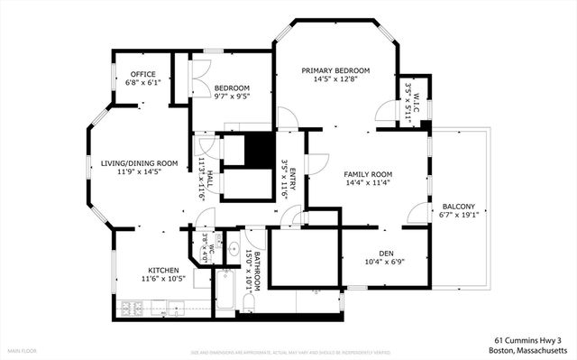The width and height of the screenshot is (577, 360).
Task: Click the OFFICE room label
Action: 143,74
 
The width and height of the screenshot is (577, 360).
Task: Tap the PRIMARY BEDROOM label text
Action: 335,70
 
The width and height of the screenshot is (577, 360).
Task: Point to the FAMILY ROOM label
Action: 369,173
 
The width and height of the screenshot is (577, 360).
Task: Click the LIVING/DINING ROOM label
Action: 139,163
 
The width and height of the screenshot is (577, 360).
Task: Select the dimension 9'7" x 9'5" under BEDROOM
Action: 232,97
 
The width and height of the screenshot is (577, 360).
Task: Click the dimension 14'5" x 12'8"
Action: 335,79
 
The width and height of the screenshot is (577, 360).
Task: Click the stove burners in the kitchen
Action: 132,309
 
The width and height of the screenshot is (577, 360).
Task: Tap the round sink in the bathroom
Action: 234,248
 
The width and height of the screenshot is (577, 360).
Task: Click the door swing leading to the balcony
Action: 417,213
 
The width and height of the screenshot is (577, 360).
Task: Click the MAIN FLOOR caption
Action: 22,351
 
